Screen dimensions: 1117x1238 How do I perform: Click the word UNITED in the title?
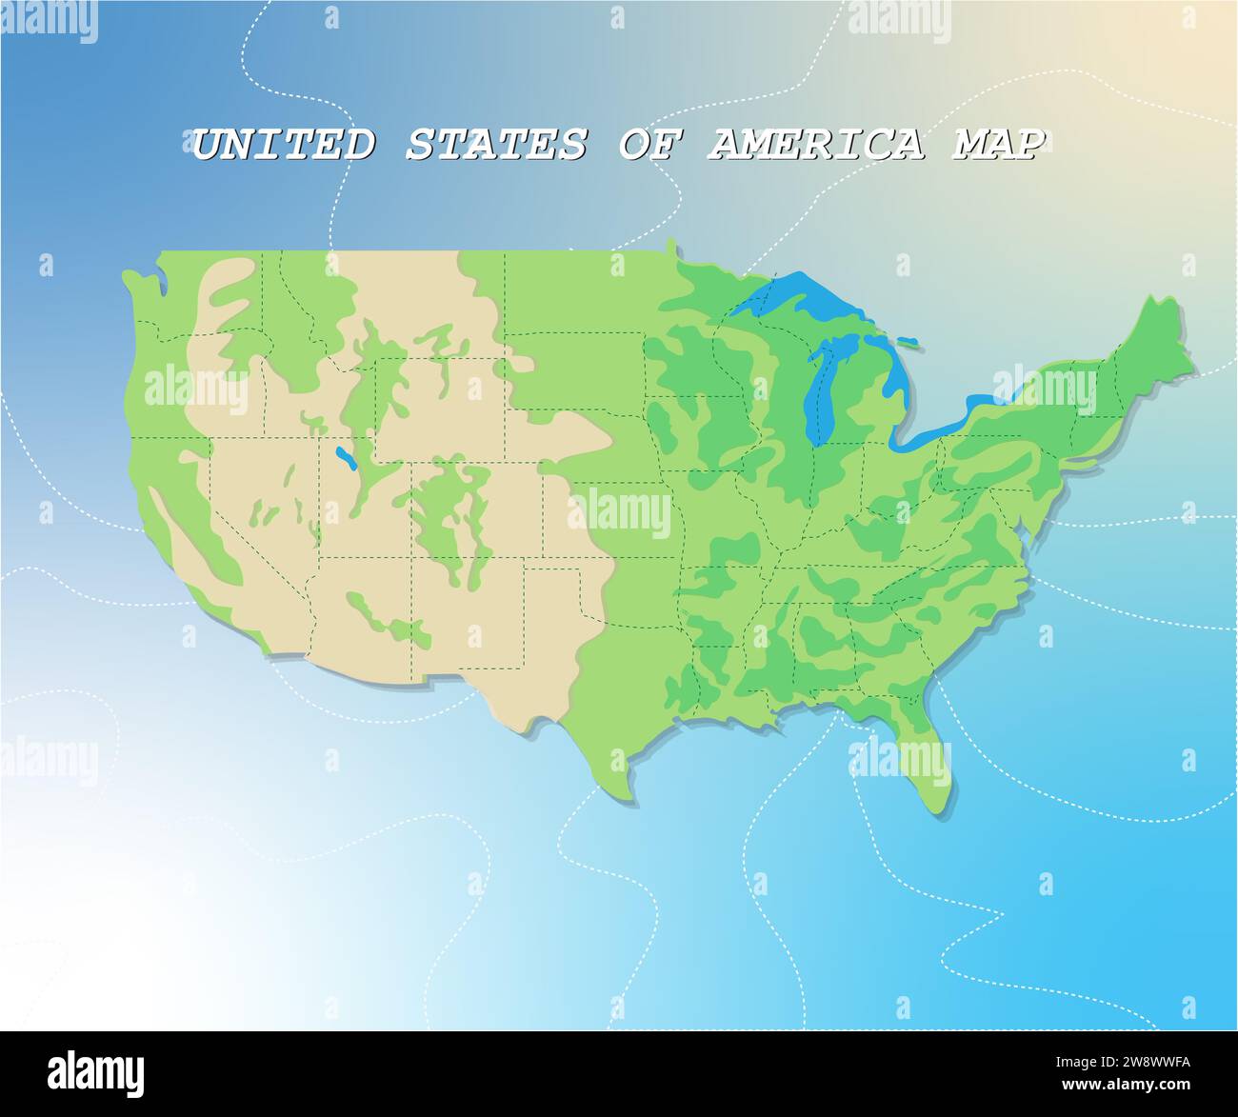(283, 145)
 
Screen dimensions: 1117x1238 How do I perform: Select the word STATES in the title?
(495, 145)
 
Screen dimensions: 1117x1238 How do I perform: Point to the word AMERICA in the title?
(815, 145)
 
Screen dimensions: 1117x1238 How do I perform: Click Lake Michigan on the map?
(821, 390)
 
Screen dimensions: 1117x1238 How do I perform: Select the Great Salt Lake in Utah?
(345, 459)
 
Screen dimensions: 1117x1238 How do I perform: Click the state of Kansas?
(609, 519)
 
